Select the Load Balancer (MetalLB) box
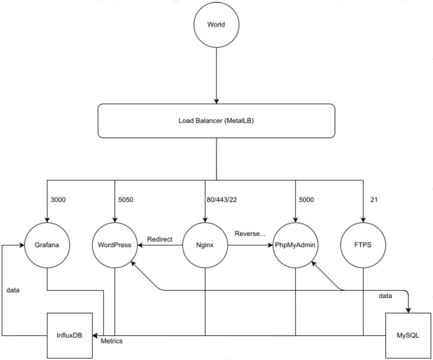tap(216, 120)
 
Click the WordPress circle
tap(114, 245)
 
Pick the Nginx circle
tap(205, 245)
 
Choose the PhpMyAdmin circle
tap(295, 245)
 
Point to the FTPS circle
tap(363, 245)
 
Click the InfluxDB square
tap(70, 336)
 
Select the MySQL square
tap(407, 335)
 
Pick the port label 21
tap(372, 200)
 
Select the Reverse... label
tap(249, 234)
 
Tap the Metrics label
tap(111, 341)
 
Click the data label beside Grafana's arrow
tap(13, 289)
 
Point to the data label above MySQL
tap(385, 296)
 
